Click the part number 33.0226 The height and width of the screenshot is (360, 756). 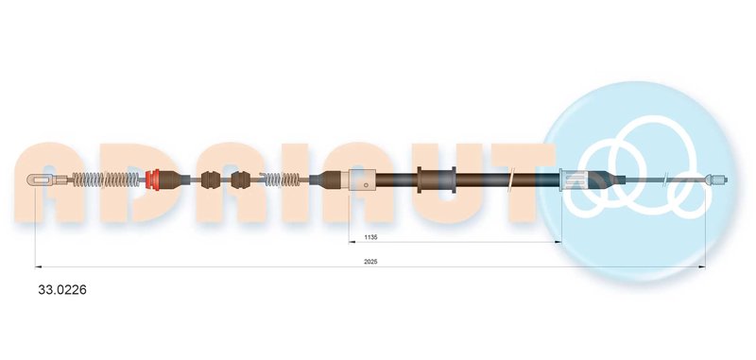click(x=62, y=290)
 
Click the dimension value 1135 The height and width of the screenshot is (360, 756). click(x=370, y=237)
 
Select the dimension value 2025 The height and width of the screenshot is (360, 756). click(x=370, y=262)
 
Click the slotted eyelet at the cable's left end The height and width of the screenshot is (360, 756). click(x=41, y=180)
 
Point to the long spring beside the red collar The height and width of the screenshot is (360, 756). click(x=106, y=180)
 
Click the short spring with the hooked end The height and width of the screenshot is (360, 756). click(x=280, y=180)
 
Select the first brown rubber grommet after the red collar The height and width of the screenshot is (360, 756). click(x=210, y=180)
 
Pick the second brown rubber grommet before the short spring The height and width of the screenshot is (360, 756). click(x=241, y=180)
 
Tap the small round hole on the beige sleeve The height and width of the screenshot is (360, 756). click(x=367, y=184)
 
